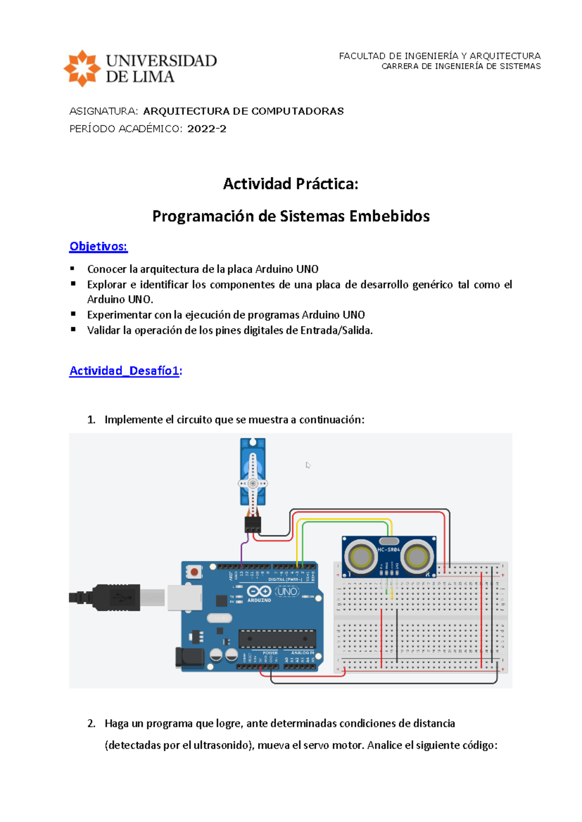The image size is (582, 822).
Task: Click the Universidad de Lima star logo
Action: [82, 68]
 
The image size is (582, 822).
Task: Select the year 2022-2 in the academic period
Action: [207, 129]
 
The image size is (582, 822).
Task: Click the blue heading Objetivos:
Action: [98, 246]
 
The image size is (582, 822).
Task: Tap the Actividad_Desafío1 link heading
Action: [124, 371]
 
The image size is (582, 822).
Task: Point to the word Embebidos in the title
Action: [389, 216]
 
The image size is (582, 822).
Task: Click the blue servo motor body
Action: [253, 465]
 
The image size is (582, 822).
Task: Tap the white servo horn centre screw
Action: [253, 483]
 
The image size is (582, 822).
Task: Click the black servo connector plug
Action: [253, 524]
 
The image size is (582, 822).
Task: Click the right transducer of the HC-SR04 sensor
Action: [416, 557]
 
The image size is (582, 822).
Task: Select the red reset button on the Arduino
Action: [194, 572]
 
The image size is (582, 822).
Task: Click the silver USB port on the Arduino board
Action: [184, 597]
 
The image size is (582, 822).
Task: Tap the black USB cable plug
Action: [116, 597]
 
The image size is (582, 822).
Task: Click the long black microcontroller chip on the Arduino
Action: [277, 638]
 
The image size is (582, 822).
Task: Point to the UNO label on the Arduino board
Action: [287, 592]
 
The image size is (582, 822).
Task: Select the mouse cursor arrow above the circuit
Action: [307, 465]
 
